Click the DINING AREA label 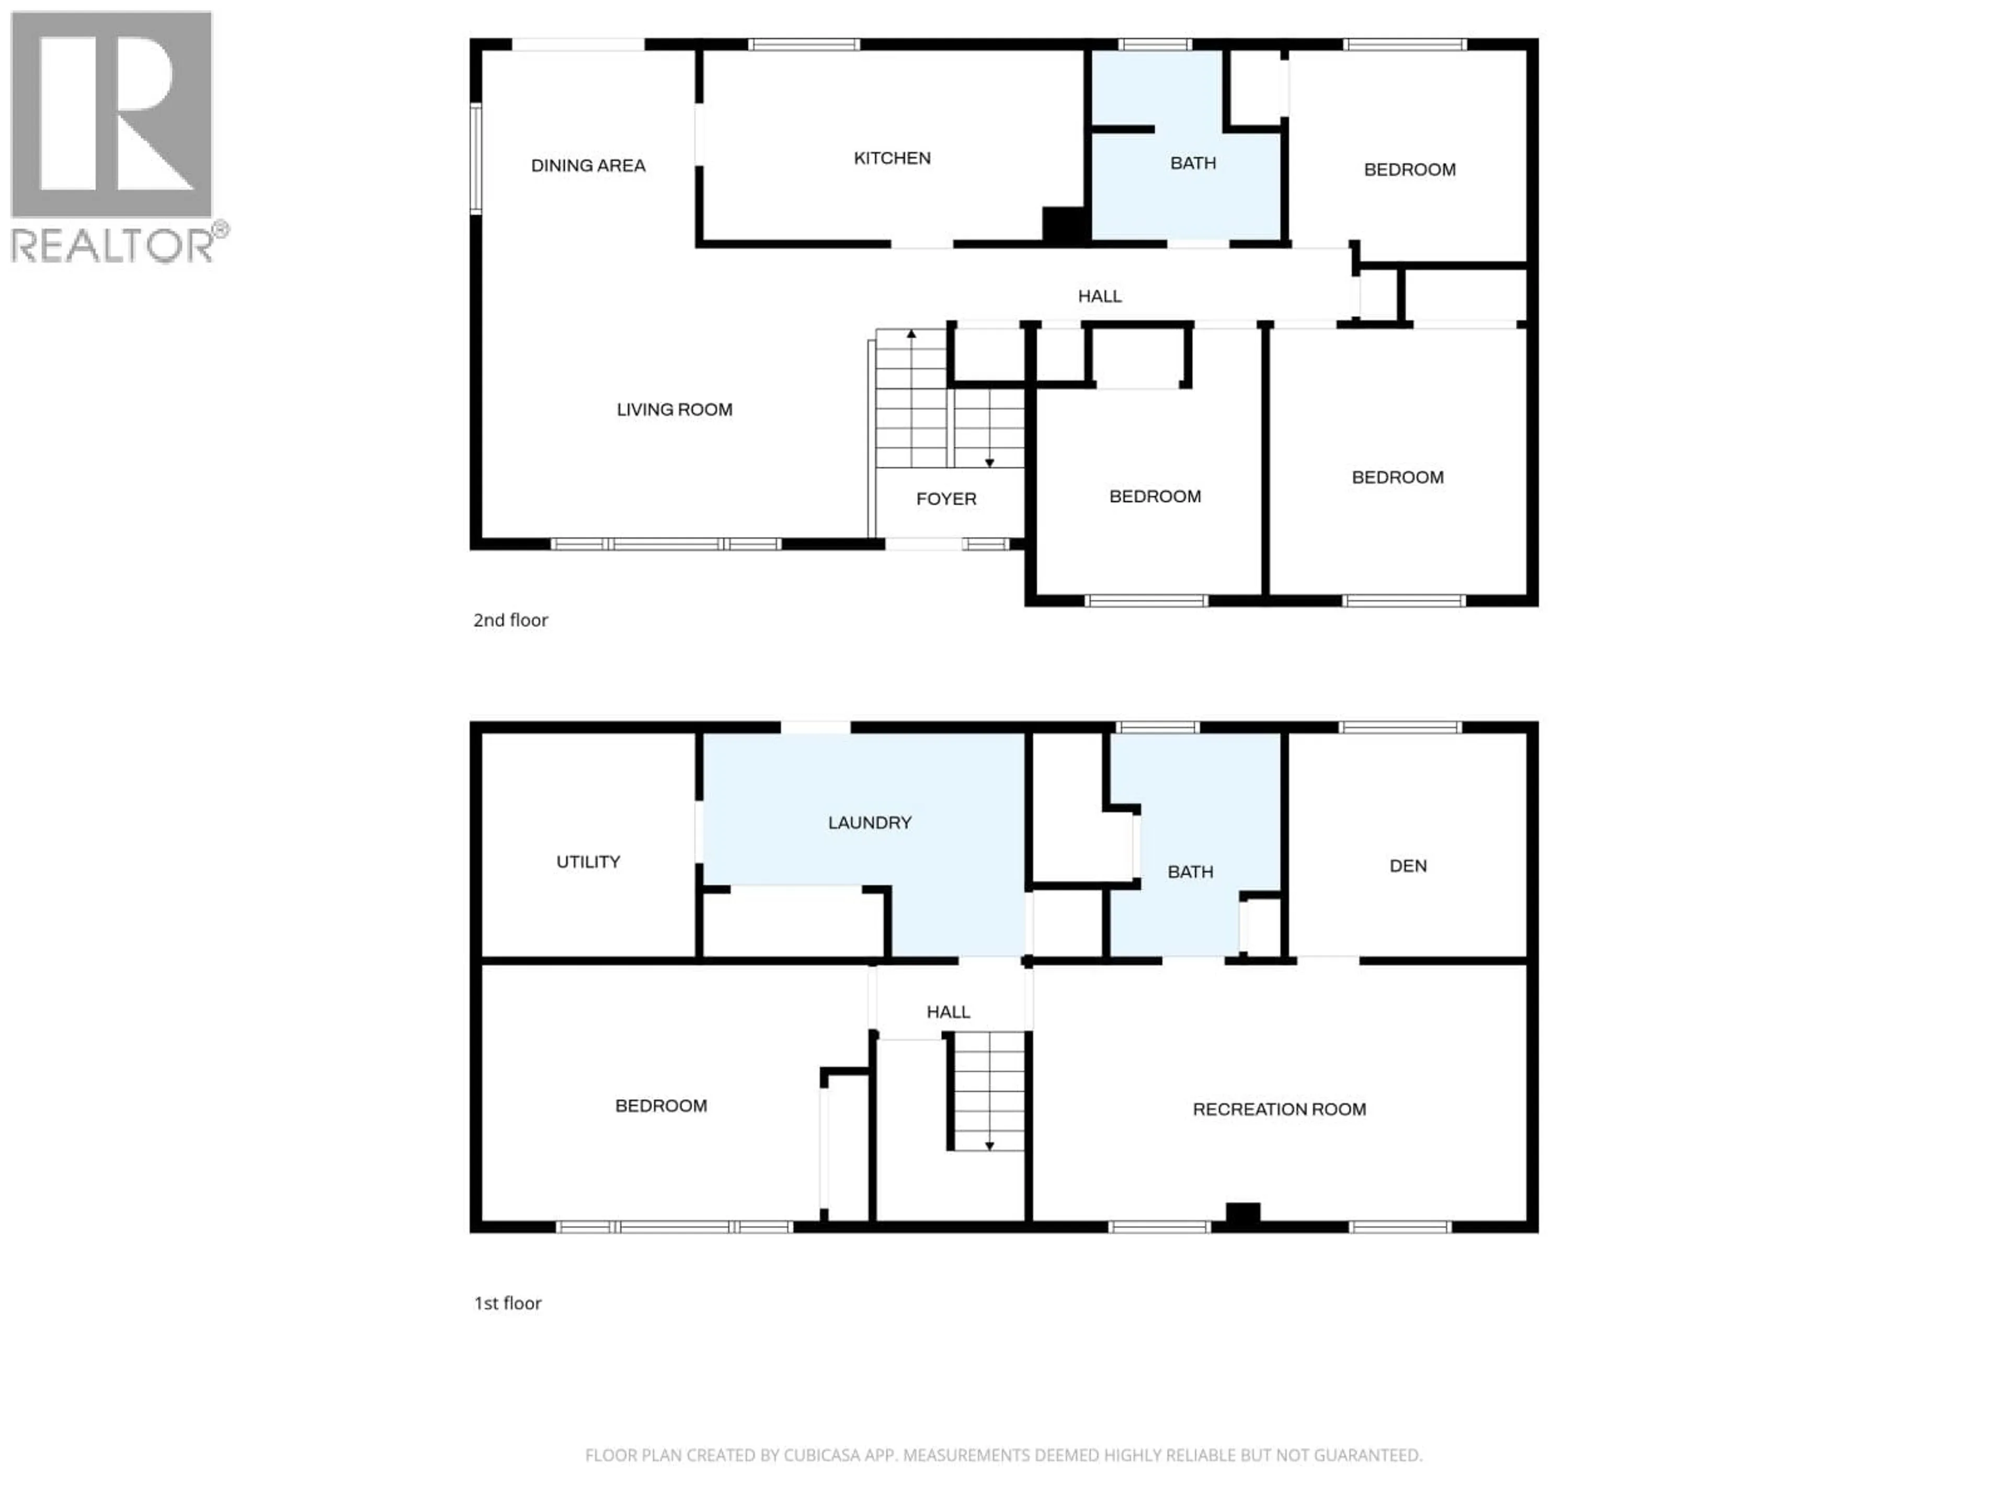click(x=588, y=165)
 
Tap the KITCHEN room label click(x=892, y=158)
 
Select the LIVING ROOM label click(x=674, y=409)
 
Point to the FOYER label click(x=946, y=498)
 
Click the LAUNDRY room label click(x=869, y=823)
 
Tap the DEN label click(x=1407, y=866)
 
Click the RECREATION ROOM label click(x=1278, y=1109)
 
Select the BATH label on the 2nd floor click(x=1192, y=163)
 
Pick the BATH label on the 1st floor click(x=1189, y=872)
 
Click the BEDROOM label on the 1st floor click(x=661, y=1105)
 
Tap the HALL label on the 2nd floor click(x=1099, y=296)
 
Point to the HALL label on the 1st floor click(x=948, y=1011)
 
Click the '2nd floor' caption click(x=510, y=620)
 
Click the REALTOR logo click(x=113, y=136)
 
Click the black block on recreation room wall click(x=1242, y=1212)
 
